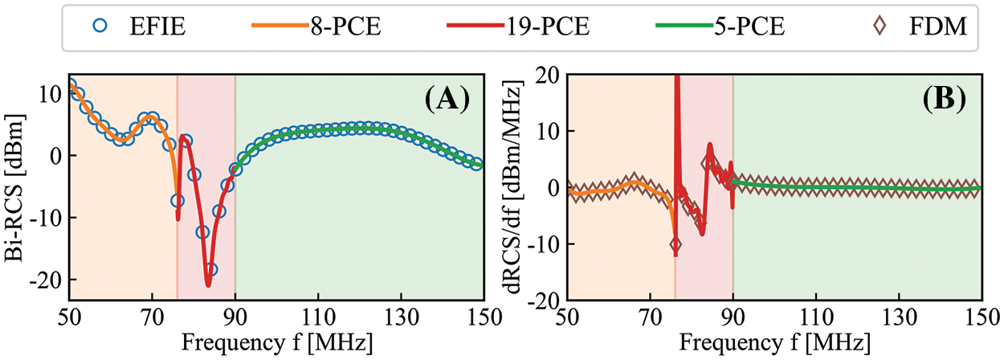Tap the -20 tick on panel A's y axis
(49, 280)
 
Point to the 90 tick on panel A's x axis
(235, 317)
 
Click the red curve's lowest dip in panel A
(208, 284)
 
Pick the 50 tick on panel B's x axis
(567, 317)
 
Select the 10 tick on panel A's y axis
(52, 93)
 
